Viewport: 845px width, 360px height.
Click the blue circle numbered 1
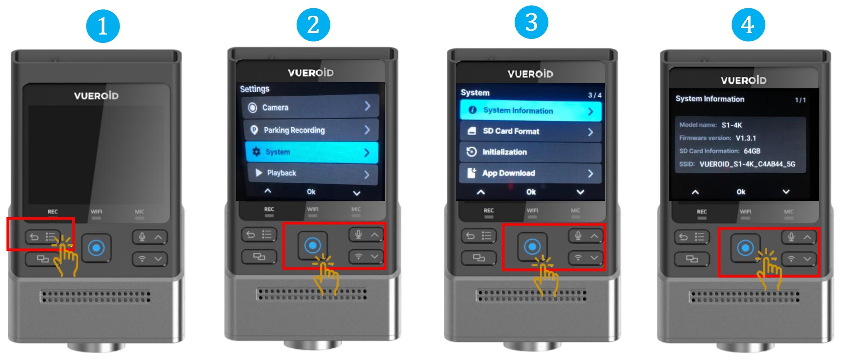[x=103, y=26]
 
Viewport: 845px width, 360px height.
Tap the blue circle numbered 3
[x=531, y=23]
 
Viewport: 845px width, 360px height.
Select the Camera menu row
[x=310, y=107]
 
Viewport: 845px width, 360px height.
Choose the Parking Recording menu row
[x=311, y=130]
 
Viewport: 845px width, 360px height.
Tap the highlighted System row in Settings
[x=311, y=152]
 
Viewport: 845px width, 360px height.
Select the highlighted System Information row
[x=531, y=110]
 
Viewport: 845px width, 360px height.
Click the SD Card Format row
[x=531, y=131]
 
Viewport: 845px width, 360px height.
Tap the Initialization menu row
[x=531, y=152]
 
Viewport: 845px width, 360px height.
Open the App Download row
[x=531, y=173]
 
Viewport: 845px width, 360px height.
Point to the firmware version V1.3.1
[x=746, y=138]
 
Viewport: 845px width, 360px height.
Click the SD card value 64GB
[x=752, y=151]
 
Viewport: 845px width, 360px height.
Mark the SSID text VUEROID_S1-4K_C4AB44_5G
[x=747, y=164]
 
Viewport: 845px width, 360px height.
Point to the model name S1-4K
[x=732, y=125]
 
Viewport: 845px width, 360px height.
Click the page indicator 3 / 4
[x=595, y=95]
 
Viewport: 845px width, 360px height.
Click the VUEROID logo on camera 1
[x=96, y=96]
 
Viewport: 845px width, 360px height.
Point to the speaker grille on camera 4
[x=744, y=296]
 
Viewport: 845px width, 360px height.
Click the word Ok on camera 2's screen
[x=311, y=192]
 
